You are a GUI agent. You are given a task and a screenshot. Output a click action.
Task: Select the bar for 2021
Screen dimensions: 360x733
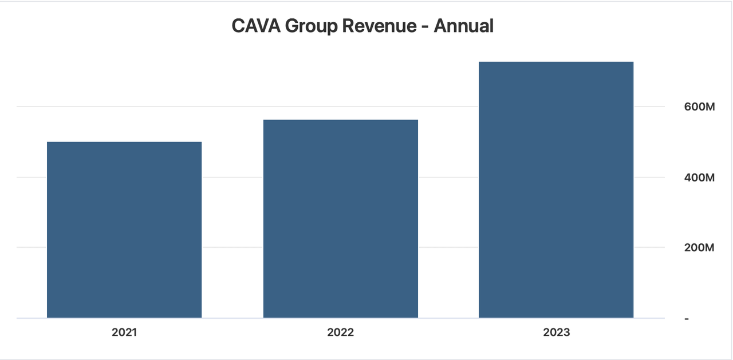pyautogui.click(x=124, y=230)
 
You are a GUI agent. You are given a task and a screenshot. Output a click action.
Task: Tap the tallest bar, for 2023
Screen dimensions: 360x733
pyautogui.click(x=556, y=189)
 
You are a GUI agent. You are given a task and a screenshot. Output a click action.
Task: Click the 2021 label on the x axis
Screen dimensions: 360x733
pyautogui.click(x=124, y=333)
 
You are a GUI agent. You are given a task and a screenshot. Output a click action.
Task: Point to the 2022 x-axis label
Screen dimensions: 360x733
pyautogui.click(x=340, y=333)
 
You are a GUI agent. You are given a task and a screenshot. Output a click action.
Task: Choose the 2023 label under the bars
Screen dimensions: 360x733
pyautogui.click(x=556, y=333)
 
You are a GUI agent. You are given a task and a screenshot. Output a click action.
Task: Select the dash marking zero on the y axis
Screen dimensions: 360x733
pyautogui.click(x=687, y=318)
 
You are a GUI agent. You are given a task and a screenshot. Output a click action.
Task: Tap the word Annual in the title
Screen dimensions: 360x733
pyautogui.click(x=463, y=26)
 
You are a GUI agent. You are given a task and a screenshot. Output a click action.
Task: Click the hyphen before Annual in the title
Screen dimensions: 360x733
pyautogui.click(x=425, y=26)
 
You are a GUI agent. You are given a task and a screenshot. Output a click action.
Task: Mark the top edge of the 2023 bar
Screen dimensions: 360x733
pyautogui.click(x=556, y=62)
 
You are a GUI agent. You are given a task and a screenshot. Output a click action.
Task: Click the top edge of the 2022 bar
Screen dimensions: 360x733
pyautogui.click(x=340, y=120)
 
